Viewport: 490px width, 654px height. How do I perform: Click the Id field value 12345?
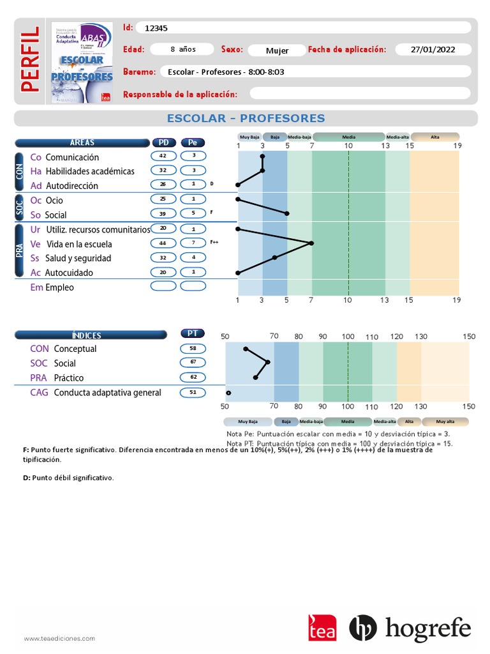pyautogui.click(x=156, y=28)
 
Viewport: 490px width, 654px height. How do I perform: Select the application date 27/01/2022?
pyautogui.click(x=433, y=50)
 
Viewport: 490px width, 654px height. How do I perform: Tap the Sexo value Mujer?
pyautogui.click(x=277, y=50)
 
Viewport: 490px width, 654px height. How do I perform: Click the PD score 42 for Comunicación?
pyautogui.click(x=163, y=156)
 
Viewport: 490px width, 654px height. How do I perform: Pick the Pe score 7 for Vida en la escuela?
pyautogui.click(x=193, y=243)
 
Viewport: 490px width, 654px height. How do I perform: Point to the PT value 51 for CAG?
pyautogui.click(x=193, y=392)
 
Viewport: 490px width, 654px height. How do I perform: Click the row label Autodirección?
pyautogui.click(x=72, y=186)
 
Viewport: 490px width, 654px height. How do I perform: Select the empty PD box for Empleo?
pyautogui.click(x=163, y=286)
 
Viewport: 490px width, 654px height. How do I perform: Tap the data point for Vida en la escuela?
pyautogui.click(x=311, y=243)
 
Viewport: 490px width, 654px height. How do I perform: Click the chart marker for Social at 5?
pyautogui.click(x=287, y=213)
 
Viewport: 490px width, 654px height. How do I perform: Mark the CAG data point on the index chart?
pyautogui.click(x=228, y=393)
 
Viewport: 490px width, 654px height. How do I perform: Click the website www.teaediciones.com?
pyautogui.click(x=59, y=638)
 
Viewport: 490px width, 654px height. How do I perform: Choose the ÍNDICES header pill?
pyautogui.click(x=87, y=335)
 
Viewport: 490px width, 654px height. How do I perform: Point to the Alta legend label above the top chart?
pyautogui.click(x=434, y=137)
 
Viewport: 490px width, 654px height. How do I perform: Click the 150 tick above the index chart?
pyautogui.click(x=469, y=336)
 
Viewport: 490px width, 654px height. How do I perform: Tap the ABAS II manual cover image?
pyautogui.click(x=82, y=62)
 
